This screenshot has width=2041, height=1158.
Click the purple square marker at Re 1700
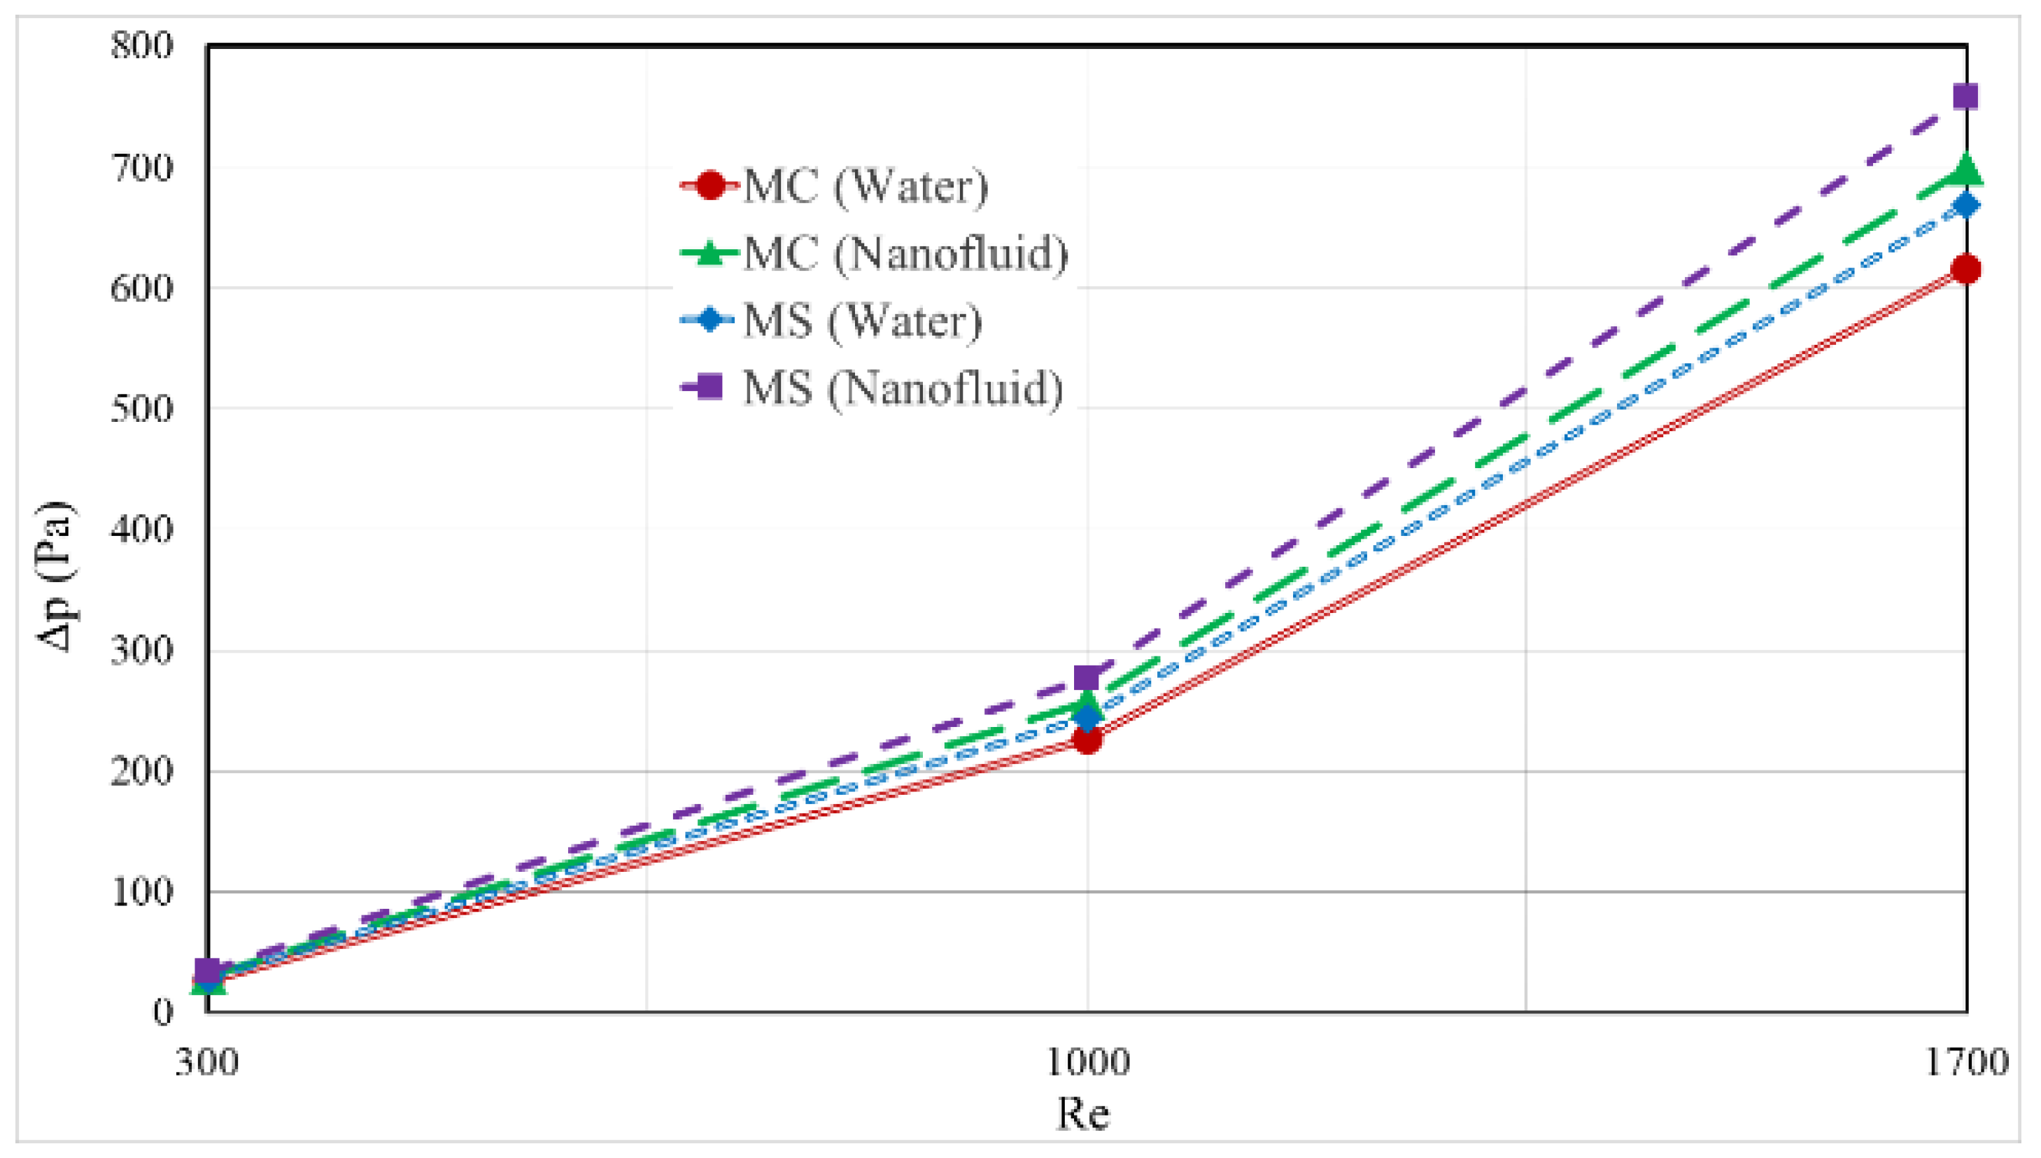coord(1965,98)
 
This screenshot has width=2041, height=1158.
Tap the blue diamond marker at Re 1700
coord(1965,206)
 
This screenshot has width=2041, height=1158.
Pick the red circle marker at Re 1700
coord(1965,269)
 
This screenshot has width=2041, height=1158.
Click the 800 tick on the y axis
coord(141,45)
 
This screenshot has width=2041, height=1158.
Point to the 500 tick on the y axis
coord(141,409)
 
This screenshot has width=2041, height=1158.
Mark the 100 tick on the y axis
coord(141,892)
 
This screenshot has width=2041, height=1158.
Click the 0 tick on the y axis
coord(162,1012)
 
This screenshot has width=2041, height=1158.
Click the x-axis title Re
coord(1082,1114)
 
